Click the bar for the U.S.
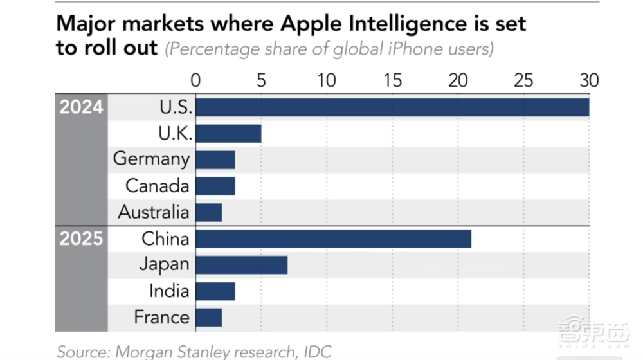pyautogui.click(x=392, y=107)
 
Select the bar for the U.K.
pyautogui.click(x=228, y=133)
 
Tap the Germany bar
pyautogui.click(x=215, y=159)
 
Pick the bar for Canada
pyautogui.click(x=215, y=186)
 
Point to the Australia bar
pyautogui.click(x=209, y=212)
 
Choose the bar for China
pyautogui.click(x=333, y=239)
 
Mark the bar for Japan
pyautogui.click(x=241, y=265)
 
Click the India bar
pyautogui.click(x=215, y=291)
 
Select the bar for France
pyautogui.click(x=209, y=318)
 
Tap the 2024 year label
pyautogui.click(x=82, y=107)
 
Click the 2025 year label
pyautogui.click(x=82, y=239)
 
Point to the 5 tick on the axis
pyautogui.click(x=261, y=80)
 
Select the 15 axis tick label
pyautogui.click(x=392, y=80)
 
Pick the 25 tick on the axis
pyautogui.click(x=523, y=80)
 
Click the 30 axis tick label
pyautogui.click(x=589, y=80)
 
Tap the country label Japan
pyautogui.click(x=165, y=264)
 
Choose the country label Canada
pyautogui.click(x=158, y=186)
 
